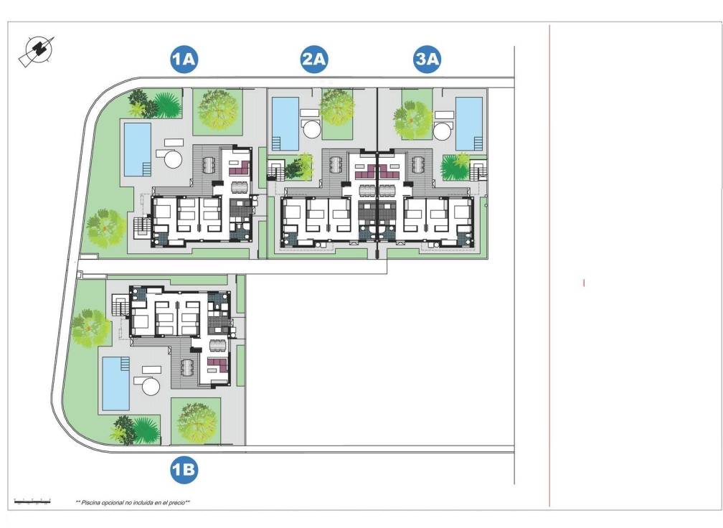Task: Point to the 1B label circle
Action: pyautogui.click(x=184, y=470)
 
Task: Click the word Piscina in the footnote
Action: pyautogui.click(x=92, y=503)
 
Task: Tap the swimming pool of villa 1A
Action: pyautogui.click(x=138, y=149)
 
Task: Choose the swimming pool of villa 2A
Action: pyautogui.click(x=285, y=123)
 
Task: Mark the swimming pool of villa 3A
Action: pyautogui.click(x=469, y=123)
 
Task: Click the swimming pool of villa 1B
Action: pyautogui.click(x=115, y=383)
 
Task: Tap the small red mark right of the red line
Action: pyautogui.click(x=584, y=283)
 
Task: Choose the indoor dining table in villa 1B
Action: pyautogui.click(x=215, y=345)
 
